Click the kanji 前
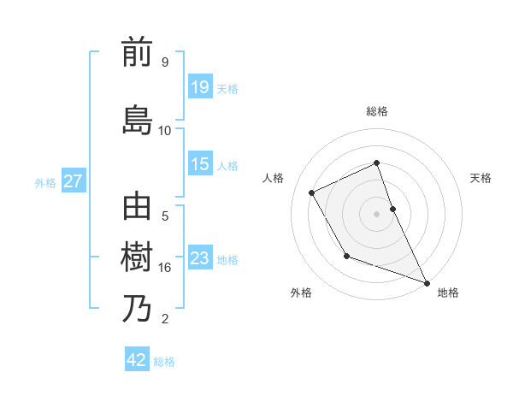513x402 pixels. [138, 53]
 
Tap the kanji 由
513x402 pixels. [138, 208]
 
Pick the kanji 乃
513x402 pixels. [138, 308]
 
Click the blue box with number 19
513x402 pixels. [200, 87]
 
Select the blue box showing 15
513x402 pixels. [200, 164]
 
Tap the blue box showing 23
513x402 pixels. [200, 258]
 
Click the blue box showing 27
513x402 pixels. [74, 181]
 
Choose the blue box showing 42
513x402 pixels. [137, 360]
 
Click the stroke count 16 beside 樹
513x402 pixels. [165, 268]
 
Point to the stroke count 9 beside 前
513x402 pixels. [164, 62]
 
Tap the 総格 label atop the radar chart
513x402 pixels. [376, 111]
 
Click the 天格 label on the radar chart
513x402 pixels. [481, 178]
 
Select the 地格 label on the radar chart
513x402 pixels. [448, 293]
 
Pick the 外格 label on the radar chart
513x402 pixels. [301, 293]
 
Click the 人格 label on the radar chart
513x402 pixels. [274, 178]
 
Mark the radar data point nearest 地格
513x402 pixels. [427, 283]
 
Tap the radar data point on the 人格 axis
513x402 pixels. [312, 193]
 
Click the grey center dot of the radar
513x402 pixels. [376, 214]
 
